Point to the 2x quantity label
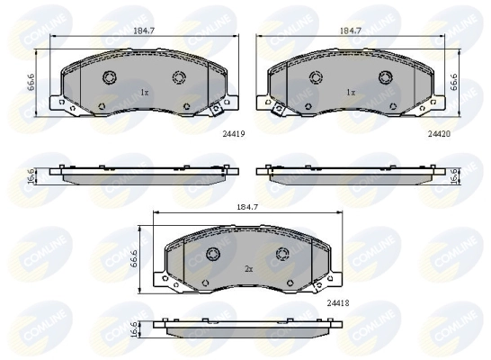tap(248, 267)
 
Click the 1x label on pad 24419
tap(144, 93)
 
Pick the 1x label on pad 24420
tap(352, 93)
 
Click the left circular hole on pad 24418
tap(214, 252)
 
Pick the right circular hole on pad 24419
tap(177, 76)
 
